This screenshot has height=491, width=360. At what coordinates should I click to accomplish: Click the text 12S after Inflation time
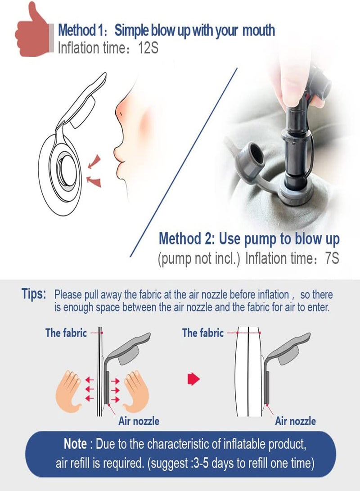[148, 48]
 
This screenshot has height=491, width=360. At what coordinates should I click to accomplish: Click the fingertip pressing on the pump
[289, 94]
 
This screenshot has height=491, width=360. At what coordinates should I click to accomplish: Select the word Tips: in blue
[34, 294]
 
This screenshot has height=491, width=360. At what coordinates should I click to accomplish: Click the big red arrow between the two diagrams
[193, 379]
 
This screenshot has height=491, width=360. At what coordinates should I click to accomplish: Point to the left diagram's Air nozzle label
[139, 421]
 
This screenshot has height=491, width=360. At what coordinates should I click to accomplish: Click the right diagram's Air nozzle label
[295, 421]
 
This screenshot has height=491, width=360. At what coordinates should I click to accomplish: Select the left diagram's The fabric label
[66, 333]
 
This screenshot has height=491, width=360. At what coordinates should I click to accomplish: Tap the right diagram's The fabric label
[203, 333]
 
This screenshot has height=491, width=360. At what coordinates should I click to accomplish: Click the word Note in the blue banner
[75, 444]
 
